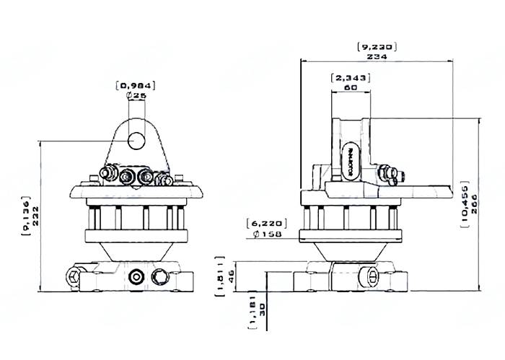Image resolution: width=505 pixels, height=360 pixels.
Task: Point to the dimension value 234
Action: [377, 56]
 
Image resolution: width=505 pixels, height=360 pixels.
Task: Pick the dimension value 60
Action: [350, 87]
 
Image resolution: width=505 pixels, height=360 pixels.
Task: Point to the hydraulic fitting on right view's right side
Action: [390, 174]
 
